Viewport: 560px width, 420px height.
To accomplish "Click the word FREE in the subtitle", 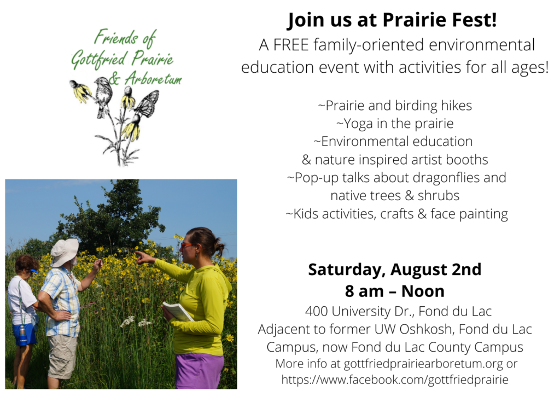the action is click(x=291, y=45).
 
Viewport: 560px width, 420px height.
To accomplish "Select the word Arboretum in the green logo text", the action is click(x=154, y=78).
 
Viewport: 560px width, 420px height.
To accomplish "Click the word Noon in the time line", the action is click(x=423, y=291).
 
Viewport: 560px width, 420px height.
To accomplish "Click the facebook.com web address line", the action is click(x=395, y=380).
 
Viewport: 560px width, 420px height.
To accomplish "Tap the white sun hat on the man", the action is click(x=65, y=252).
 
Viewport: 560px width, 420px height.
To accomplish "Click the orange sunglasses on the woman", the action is click(x=186, y=246).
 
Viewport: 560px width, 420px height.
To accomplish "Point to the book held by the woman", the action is click(x=178, y=311).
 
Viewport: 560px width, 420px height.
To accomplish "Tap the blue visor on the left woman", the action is click(x=33, y=270).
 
